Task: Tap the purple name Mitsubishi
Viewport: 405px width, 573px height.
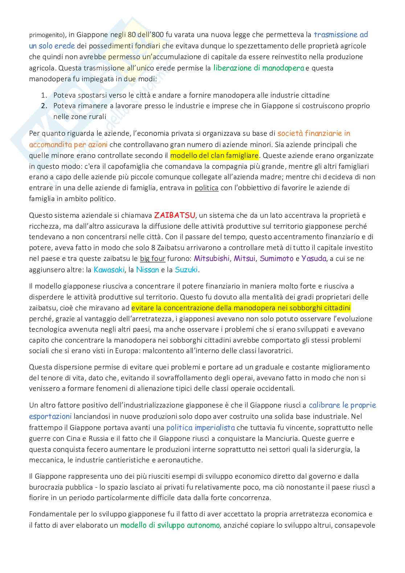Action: tap(212, 259)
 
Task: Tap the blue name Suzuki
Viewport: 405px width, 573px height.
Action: tap(187, 270)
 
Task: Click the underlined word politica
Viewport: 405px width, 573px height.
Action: tap(206, 188)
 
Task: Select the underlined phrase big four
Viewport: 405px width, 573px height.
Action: tap(152, 259)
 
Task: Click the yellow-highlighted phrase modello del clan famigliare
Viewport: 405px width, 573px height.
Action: tap(214, 155)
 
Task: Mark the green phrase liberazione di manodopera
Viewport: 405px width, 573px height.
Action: tap(258, 68)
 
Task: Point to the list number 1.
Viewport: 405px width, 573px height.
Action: tap(44, 95)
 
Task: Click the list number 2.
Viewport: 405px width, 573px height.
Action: tap(44, 106)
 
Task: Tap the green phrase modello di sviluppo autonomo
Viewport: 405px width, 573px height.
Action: tap(170, 525)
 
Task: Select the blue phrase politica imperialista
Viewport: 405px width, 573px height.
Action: tap(200, 427)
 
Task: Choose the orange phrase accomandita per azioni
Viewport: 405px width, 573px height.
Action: tap(68, 144)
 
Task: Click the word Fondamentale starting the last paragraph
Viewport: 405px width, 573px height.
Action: tap(50, 514)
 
